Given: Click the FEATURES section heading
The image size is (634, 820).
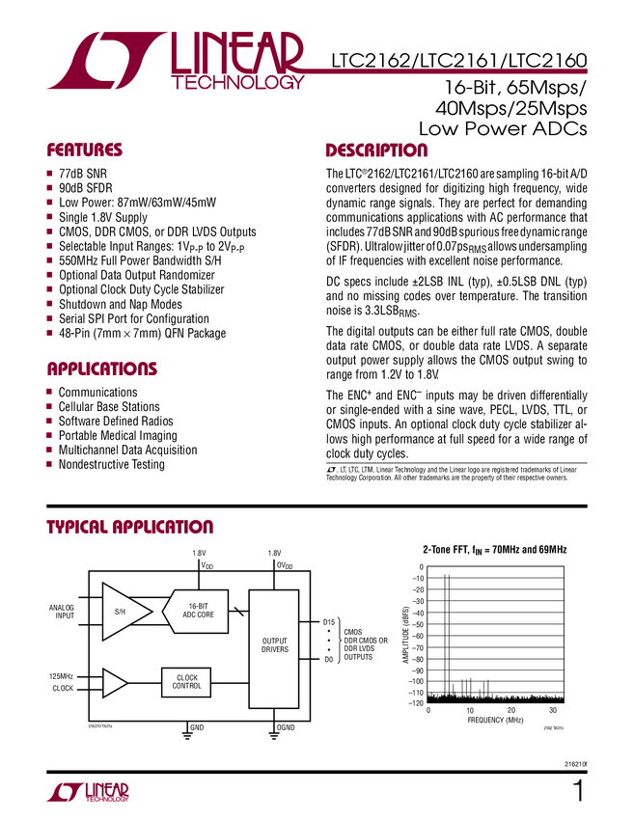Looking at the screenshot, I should click(x=85, y=150).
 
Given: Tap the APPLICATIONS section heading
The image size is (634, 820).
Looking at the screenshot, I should click(x=101, y=369).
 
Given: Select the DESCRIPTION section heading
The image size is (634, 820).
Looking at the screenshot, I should click(x=376, y=150).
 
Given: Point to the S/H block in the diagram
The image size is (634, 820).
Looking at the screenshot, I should click(x=120, y=611).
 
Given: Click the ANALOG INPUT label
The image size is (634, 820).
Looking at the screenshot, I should click(x=62, y=611).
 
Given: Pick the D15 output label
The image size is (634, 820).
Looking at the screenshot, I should click(x=328, y=622).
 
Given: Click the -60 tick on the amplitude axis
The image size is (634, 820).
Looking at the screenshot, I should click(x=416, y=636).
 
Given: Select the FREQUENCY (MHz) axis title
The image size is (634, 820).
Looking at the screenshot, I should click(x=494, y=721).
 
